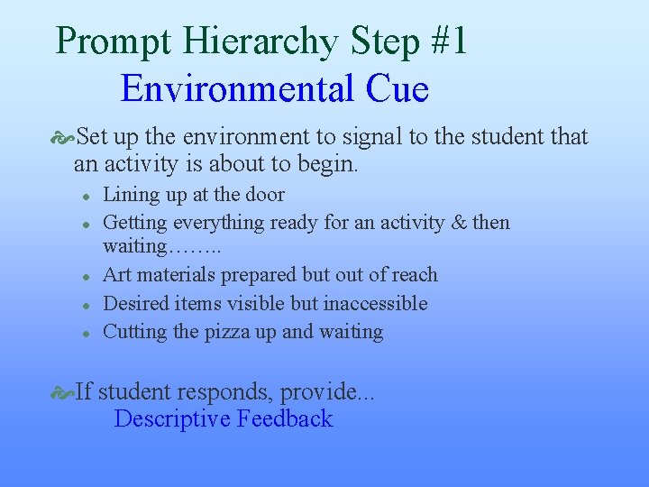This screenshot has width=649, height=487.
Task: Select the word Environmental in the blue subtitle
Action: click(x=237, y=89)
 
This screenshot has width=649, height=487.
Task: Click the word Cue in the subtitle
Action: click(x=398, y=89)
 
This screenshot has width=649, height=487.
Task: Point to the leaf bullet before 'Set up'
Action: click(x=63, y=138)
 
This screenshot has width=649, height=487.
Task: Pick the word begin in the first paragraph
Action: click(x=328, y=165)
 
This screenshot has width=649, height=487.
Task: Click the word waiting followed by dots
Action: click(x=135, y=246)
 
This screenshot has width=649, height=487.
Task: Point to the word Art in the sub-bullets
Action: click(x=117, y=275)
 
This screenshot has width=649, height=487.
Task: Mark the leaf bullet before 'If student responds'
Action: click(x=63, y=392)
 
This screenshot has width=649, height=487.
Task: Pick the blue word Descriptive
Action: click(x=172, y=419)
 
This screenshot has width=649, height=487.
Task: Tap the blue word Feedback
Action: click(x=285, y=419)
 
